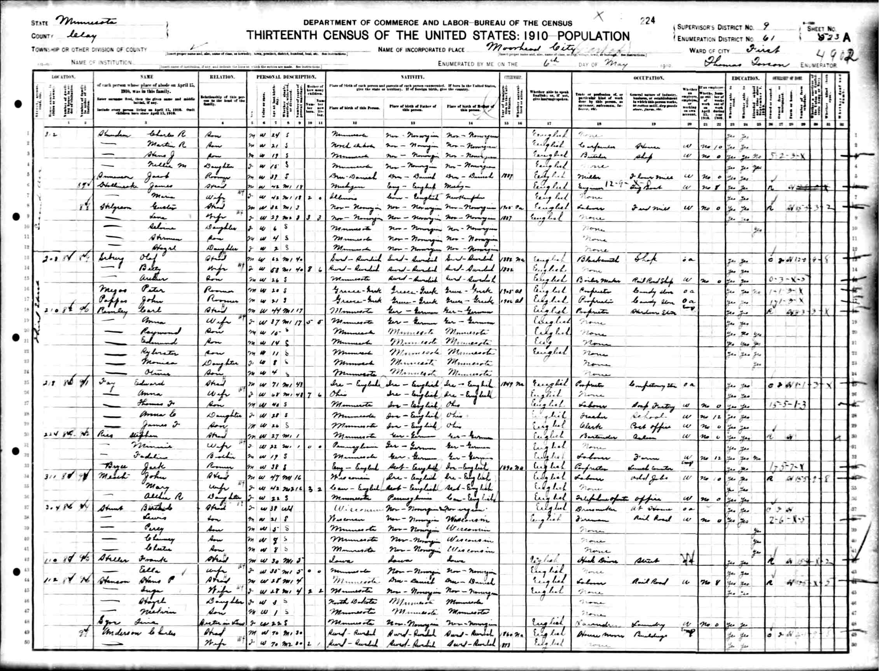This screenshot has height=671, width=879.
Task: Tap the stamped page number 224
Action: (647, 21)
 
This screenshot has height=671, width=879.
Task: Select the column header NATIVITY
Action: (412, 77)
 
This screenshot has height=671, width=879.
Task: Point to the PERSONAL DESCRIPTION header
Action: (287, 77)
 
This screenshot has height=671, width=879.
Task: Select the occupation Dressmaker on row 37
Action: (591, 509)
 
